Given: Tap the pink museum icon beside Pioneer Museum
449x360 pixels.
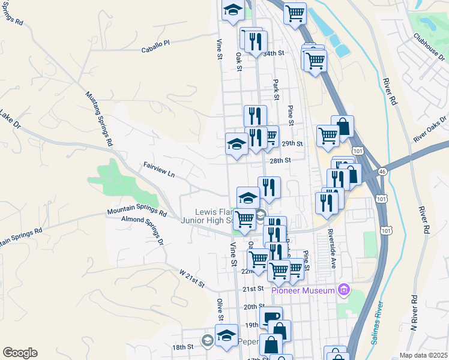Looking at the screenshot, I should click(x=343, y=291).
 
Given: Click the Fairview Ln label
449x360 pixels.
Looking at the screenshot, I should click(x=158, y=169).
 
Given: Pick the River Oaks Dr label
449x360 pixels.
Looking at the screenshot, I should click(x=430, y=130).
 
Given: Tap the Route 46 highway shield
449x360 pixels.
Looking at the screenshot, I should click(x=382, y=172).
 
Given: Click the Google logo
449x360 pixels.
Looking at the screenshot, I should click(x=20, y=353).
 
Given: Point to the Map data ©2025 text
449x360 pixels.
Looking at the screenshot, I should click(x=423, y=355).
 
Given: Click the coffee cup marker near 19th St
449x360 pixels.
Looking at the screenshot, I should click(x=271, y=317).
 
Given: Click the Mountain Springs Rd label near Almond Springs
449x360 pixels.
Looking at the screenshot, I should click(x=137, y=211).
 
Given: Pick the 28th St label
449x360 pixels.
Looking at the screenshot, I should click(x=280, y=161).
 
